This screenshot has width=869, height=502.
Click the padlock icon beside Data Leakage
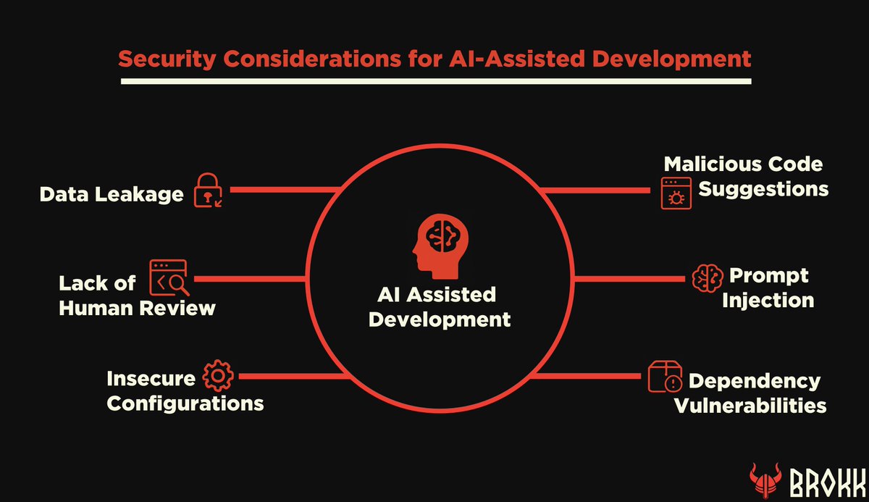coord(207,191)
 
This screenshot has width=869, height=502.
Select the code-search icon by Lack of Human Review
coord(168,278)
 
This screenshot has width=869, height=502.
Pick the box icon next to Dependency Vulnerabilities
coord(664,378)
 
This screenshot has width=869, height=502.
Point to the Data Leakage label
coord(112,193)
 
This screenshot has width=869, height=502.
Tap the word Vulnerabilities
coord(751,405)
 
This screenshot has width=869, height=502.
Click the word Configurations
coord(185,403)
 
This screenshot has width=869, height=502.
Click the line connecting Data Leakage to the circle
coord(283,191)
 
